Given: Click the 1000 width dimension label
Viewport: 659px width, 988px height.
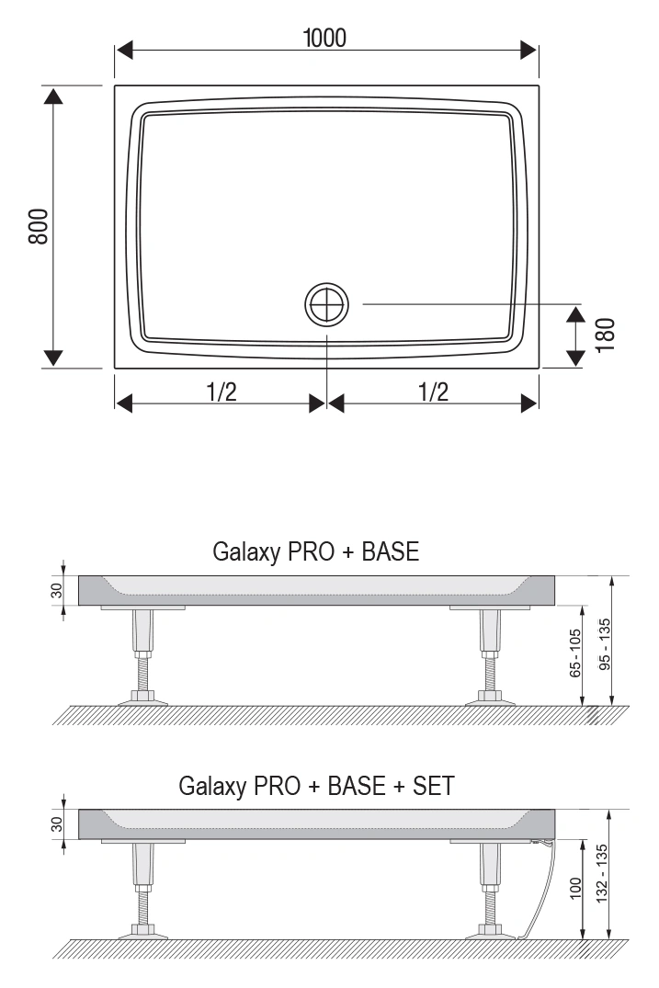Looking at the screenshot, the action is (x=324, y=38).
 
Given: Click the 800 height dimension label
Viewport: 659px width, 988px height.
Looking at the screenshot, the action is (x=39, y=226).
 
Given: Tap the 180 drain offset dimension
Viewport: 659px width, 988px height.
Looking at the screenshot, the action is (x=605, y=335).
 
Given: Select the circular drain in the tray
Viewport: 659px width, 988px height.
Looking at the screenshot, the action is (x=327, y=304).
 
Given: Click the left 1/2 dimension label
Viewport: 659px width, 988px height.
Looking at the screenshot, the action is (x=222, y=392).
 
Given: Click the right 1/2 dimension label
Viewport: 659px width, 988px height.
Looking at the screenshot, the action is (x=434, y=392).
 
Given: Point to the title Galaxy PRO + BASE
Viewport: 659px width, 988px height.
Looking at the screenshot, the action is (x=315, y=551).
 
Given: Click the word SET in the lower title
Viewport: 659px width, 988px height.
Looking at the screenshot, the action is (x=434, y=786).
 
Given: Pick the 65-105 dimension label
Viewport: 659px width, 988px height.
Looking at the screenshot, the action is (x=575, y=653).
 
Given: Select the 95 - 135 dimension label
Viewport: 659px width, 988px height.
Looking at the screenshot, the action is (x=605, y=644).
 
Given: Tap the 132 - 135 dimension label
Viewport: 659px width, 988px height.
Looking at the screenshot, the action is (x=602, y=873).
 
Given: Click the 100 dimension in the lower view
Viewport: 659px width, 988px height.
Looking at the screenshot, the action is (x=575, y=888).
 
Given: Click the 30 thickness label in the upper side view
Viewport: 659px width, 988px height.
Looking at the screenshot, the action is (x=57, y=590).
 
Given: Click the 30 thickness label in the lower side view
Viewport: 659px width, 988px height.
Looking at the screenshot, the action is (x=57, y=824).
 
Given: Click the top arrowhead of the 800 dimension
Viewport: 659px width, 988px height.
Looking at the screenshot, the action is (x=53, y=96).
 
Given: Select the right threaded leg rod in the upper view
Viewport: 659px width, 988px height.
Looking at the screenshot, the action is (x=490, y=675).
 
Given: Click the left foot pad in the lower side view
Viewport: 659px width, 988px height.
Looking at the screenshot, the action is (x=143, y=933).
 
